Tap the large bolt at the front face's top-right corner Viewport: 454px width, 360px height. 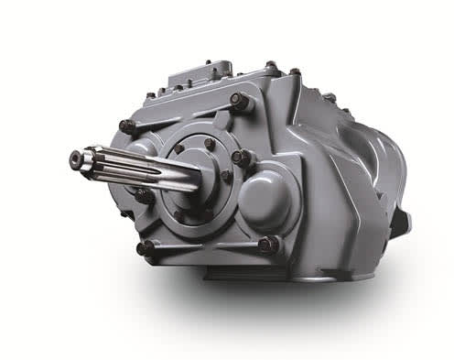tap(240, 103)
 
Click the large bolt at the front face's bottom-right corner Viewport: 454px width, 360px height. tap(267, 245)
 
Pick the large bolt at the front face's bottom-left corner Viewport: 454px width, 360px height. tap(145, 248)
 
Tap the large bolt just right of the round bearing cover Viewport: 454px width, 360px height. tap(242, 158)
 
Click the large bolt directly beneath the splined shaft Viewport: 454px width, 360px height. tap(144, 195)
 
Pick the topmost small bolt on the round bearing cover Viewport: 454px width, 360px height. tap(210, 143)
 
